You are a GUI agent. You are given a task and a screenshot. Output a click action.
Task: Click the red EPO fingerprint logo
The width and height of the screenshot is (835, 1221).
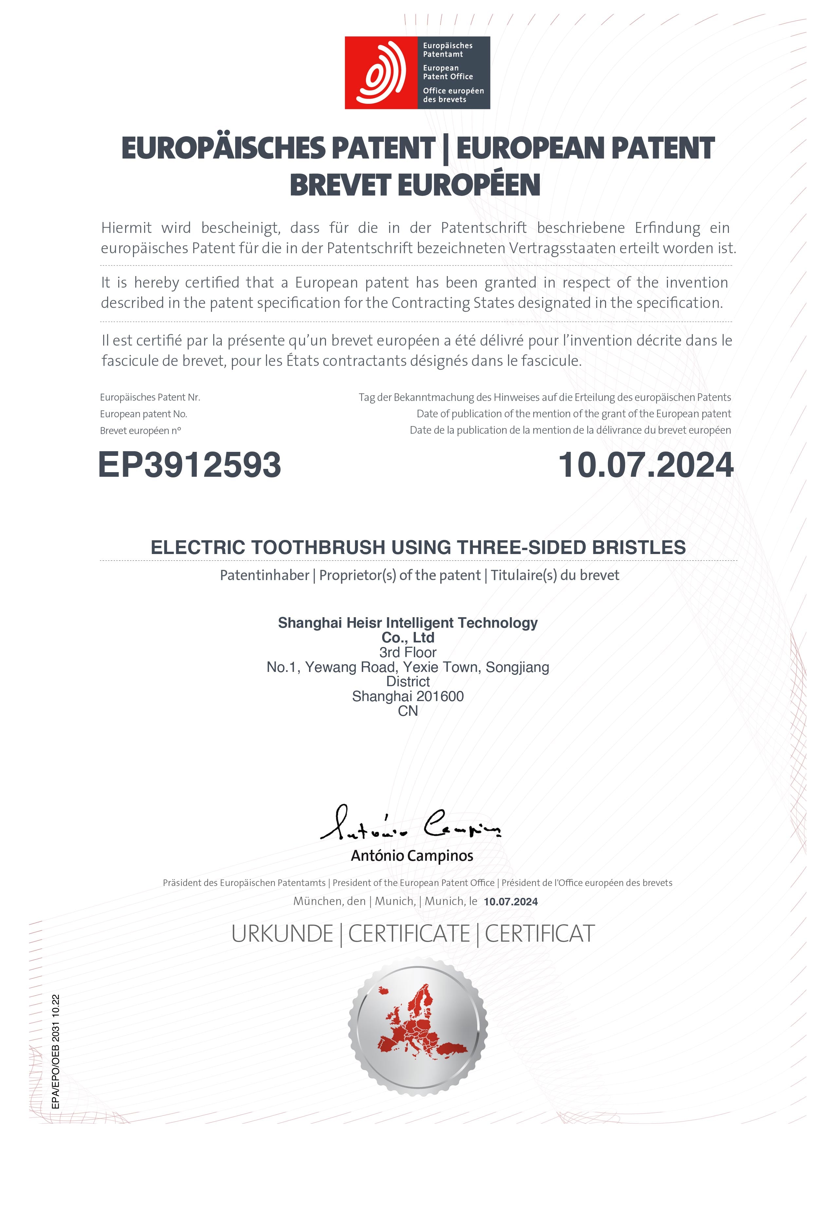(x=380, y=72)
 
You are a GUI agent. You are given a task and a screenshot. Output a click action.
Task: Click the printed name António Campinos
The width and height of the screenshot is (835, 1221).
(x=412, y=856)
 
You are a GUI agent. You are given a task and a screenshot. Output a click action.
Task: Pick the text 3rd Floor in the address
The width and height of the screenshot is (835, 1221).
(x=408, y=653)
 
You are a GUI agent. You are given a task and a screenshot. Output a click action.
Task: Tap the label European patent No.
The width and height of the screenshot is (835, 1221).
(x=143, y=414)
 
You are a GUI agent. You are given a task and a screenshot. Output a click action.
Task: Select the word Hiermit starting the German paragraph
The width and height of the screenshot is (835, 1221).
(x=126, y=228)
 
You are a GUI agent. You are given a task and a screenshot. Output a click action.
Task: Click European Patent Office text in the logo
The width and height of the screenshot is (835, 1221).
(x=448, y=72)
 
